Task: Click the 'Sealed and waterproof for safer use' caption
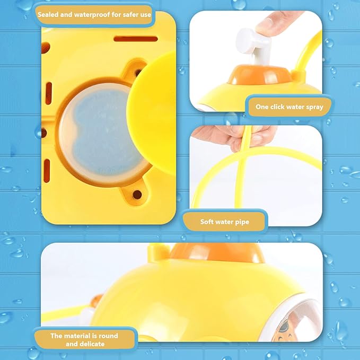click(x=94, y=14)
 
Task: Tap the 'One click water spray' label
click(x=289, y=107)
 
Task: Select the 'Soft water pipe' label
click(x=224, y=222)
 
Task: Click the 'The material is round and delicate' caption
click(x=84, y=339)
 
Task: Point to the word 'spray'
click(x=312, y=107)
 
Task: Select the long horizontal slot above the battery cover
click(x=135, y=39)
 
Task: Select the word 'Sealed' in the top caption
click(x=49, y=14)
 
